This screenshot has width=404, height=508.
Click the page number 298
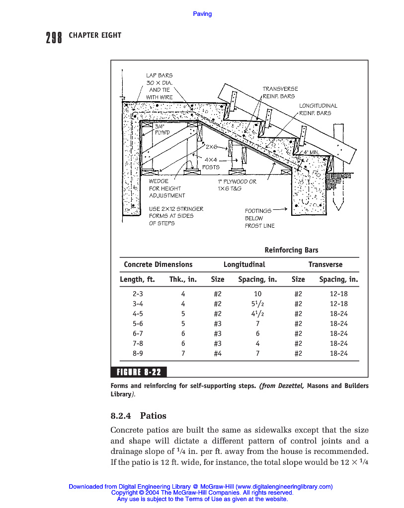click(x=54, y=37)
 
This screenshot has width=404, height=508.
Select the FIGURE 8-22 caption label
click(x=139, y=372)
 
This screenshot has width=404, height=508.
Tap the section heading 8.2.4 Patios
click(x=138, y=416)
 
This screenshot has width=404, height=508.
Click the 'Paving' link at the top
click(x=202, y=14)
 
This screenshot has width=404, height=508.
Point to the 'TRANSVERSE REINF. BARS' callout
click(x=278, y=92)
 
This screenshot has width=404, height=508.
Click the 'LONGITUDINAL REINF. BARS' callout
click(x=318, y=109)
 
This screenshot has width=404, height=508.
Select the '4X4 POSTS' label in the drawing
click(x=211, y=163)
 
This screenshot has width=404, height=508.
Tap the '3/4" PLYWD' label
click(x=162, y=129)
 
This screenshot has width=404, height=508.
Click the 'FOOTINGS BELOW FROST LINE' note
click(x=259, y=218)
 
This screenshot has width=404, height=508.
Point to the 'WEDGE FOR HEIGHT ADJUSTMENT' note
click(x=167, y=189)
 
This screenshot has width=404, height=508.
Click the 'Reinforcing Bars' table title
click(x=291, y=250)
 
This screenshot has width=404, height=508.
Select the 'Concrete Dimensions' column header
click(x=158, y=264)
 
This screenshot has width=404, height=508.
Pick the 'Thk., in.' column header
click(x=183, y=279)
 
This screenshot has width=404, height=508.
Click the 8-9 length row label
click(x=138, y=353)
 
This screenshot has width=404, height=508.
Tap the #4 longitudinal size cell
click(x=217, y=353)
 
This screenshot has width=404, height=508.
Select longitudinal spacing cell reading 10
click(x=257, y=294)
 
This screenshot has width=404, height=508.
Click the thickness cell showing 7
click(x=183, y=353)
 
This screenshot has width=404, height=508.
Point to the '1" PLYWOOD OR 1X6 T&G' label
click(x=237, y=185)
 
